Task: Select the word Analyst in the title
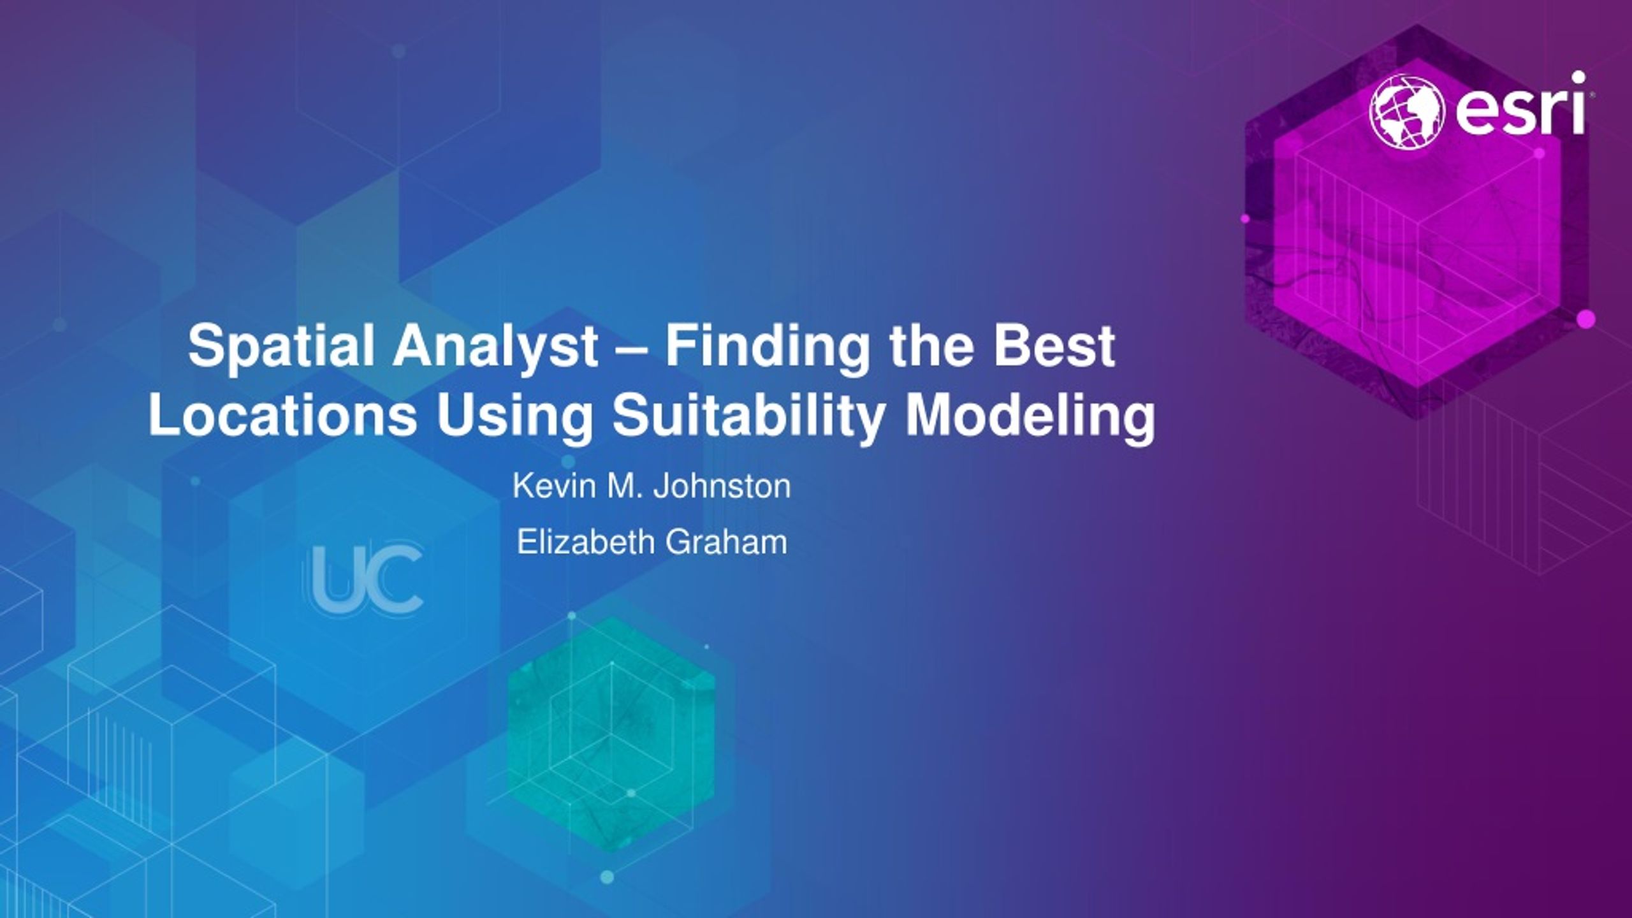(x=495, y=346)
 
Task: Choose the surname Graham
(x=727, y=543)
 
